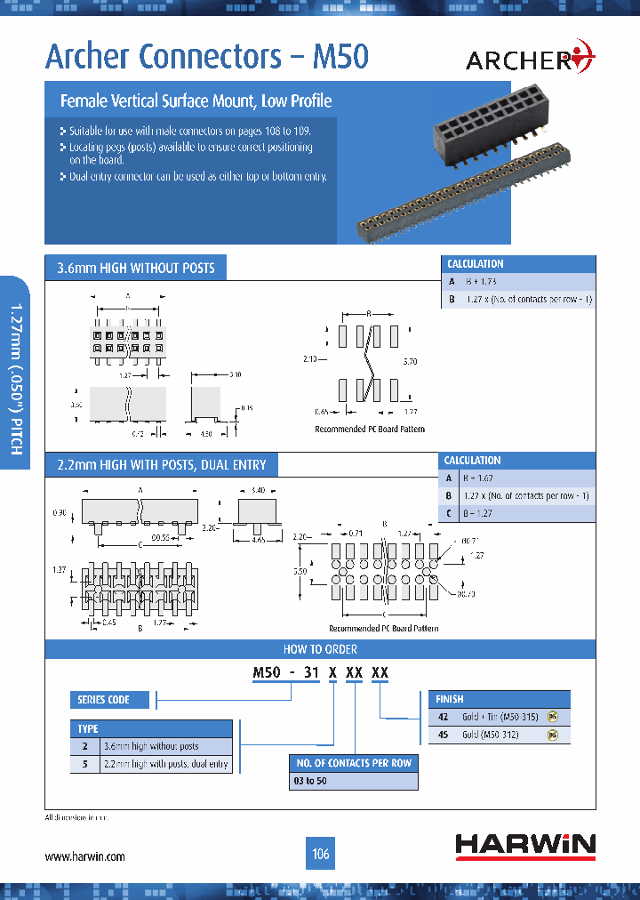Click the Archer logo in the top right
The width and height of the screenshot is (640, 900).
(x=530, y=59)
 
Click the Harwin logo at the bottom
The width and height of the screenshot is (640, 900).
(x=525, y=846)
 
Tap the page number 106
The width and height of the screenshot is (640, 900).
(x=320, y=855)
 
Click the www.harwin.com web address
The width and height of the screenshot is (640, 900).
(x=84, y=856)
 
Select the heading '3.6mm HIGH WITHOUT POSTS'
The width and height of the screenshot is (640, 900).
(x=135, y=268)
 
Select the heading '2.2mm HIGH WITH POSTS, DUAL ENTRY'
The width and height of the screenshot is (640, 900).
(x=161, y=464)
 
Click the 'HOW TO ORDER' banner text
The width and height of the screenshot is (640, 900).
(x=320, y=649)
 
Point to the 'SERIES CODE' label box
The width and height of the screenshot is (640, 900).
(x=104, y=700)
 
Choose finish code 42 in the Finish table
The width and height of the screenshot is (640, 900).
(x=442, y=717)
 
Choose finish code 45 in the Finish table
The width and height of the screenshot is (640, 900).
(x=442, y=735)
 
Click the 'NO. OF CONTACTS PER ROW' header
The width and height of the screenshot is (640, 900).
(x=353, y=763)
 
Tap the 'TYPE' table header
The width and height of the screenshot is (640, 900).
(x=89, y=728)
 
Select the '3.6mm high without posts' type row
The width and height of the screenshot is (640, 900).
(x=152, y=746)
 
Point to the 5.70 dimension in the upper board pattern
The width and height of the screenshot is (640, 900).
(x=409, y=363)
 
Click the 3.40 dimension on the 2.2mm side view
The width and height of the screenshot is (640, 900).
(x=260, y=490)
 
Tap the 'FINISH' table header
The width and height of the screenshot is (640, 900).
(x=450, y=699)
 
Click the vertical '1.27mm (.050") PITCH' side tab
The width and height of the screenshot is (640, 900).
(x=15, y=379)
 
